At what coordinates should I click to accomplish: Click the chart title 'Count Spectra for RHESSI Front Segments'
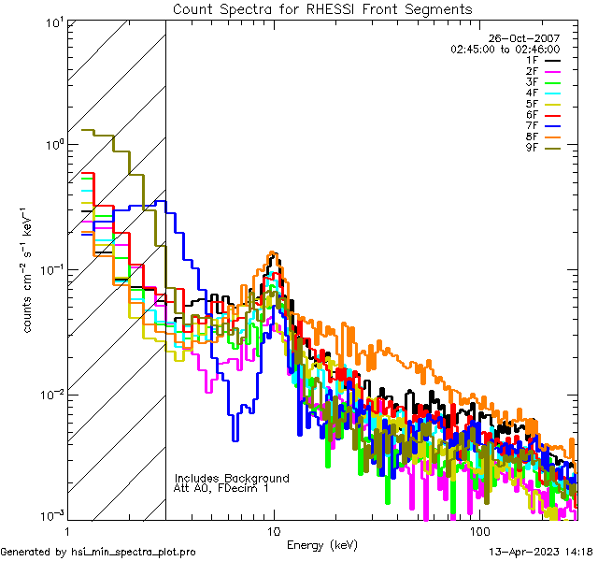coord(322,9)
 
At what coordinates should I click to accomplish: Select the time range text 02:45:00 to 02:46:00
coord(505,49)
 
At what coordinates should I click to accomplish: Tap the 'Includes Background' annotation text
coord(232,478)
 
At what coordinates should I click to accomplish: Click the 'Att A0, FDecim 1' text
coord(222,488)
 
